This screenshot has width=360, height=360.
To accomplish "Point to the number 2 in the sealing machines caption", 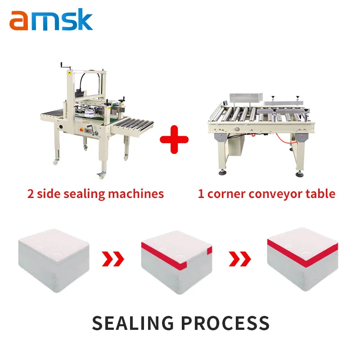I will point(31,194).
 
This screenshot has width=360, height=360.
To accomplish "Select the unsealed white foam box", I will point(54,261).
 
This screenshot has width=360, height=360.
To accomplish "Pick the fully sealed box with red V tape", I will point(303,259).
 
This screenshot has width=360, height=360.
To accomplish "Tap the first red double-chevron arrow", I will point(112,259).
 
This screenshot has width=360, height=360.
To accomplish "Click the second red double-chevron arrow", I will point(239,259).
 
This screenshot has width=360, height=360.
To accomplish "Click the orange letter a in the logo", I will point(18,22).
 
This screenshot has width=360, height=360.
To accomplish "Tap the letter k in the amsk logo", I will point(84,20).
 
